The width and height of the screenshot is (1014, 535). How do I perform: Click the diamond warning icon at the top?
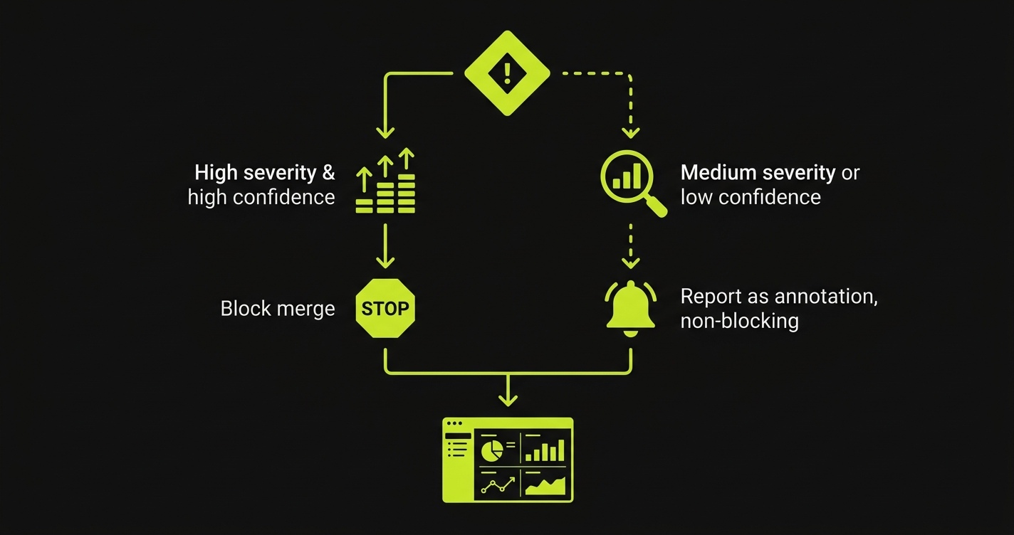click(507, 73)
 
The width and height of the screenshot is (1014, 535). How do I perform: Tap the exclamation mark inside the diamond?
click(507, 73)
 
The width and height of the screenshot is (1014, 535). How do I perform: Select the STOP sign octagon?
click(385, 308)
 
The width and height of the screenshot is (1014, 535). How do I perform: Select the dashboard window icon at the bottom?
click(508, 460)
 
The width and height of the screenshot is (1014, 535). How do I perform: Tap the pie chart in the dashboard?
click(491, 450)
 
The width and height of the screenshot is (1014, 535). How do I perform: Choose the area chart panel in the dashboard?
click(545, 484)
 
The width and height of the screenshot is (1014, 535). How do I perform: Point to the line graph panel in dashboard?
click(498, 484)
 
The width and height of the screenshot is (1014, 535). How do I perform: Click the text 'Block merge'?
click(277, 309)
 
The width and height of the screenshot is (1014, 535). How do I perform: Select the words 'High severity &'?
click(264, 173)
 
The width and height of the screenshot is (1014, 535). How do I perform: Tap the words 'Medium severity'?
click(758, 173)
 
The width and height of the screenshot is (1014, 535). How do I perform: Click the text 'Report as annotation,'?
click(778, 297)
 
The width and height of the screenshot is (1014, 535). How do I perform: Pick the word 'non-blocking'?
click(739, 321)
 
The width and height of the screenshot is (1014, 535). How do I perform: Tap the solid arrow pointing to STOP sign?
click(385, 249)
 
